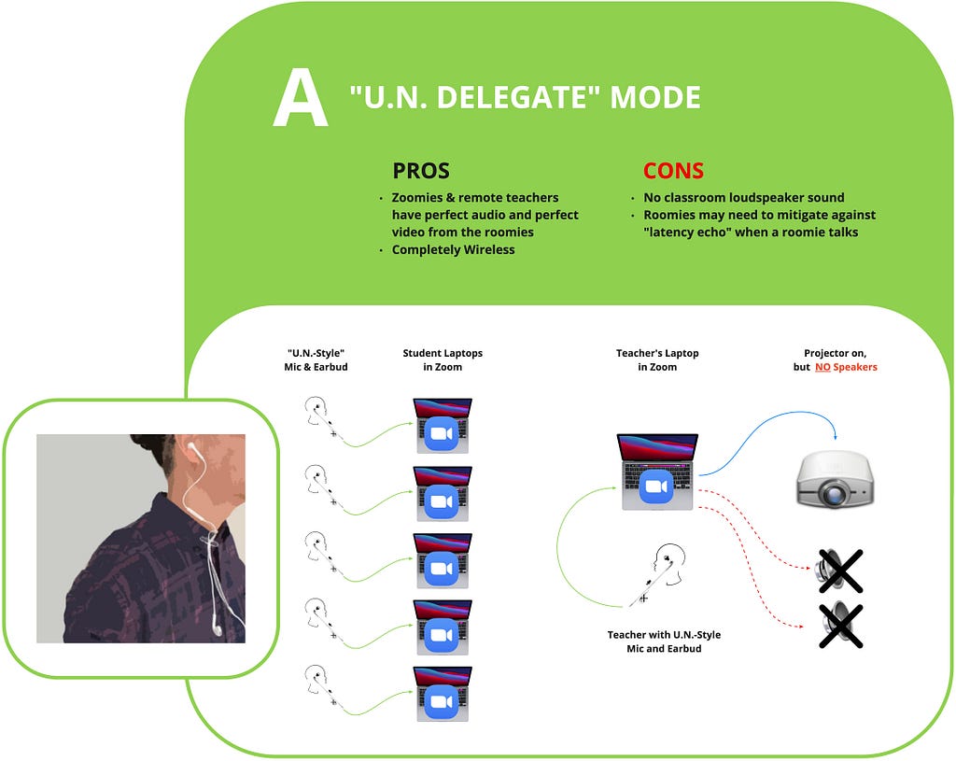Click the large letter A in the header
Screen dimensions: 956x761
tap(300, 97)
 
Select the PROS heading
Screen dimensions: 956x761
tap(421, 171)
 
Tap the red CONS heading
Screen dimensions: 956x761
tap(673, 171)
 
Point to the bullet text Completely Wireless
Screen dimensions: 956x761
tap(453, 249)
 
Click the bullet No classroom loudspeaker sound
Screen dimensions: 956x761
tap(744, 198)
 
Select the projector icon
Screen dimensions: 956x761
tap(836, 478)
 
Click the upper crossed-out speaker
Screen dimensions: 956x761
tap(839, 571)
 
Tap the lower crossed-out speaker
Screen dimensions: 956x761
tap(839, 625)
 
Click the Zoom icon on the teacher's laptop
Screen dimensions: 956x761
tap(656, 486)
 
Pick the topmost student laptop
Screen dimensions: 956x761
tap(443, 426)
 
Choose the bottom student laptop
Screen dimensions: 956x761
tap(443, 694)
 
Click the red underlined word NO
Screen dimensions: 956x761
tap(822, 367)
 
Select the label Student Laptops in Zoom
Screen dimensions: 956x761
tap(443, 359)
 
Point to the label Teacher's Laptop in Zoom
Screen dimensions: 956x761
tap(657, 359)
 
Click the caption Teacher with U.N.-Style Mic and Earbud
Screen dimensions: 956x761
tap(664, 641)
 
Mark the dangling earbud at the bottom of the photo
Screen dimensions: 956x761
tap(216, 627)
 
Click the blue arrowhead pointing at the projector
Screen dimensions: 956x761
tap(836, 437)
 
